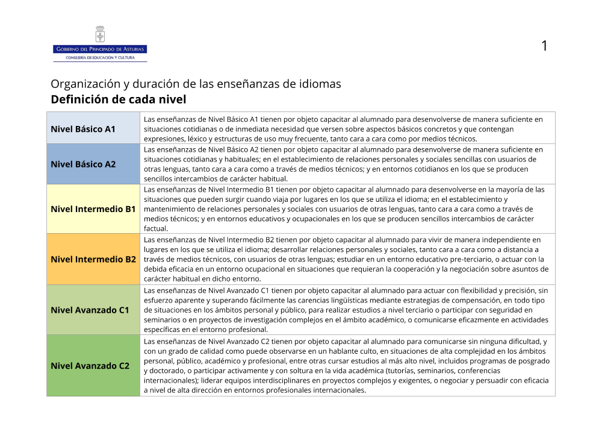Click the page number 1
pos(544,46)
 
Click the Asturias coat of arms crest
pos(100,34)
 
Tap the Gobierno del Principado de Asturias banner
pos(100,49)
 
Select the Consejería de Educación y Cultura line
pos(100,57)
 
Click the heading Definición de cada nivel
pos(119,99)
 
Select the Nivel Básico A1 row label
pos(83,129)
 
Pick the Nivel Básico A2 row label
pos(83,164)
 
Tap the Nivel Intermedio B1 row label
pos(93,209)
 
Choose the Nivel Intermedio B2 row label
pos(93,259)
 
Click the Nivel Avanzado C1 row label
pos(90,310)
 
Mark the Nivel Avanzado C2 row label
pos(90,366)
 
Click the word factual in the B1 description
pos(156,229)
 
